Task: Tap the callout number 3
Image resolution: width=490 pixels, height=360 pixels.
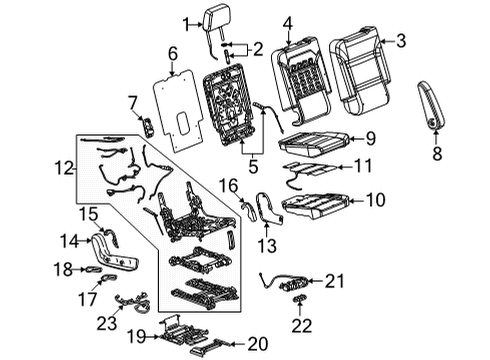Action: [403, 41]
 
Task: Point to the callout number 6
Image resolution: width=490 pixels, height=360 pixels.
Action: [172, 53]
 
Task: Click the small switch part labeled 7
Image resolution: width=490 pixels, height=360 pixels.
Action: [148, 126]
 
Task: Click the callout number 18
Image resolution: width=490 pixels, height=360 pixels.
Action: [62, 269]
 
